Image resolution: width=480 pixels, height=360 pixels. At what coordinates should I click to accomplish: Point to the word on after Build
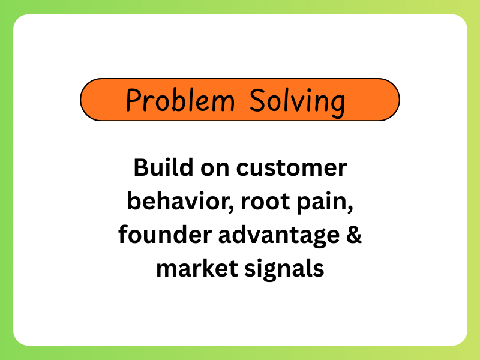coord(209,167)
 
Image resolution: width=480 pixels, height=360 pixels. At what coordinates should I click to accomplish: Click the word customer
coord(291,169)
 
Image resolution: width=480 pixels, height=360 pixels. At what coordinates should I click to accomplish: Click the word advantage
coord(272,236)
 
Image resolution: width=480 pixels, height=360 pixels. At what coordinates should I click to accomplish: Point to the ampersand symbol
coord(354,235)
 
